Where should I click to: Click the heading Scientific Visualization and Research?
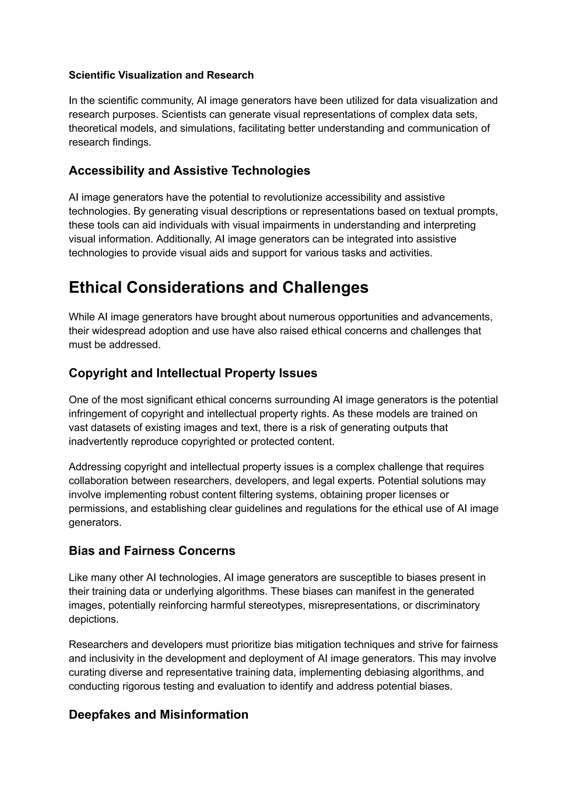pos(161,75)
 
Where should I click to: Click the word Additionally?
pos(184,239)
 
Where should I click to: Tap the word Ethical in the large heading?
pos(95,287)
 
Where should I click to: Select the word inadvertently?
pos(98,442)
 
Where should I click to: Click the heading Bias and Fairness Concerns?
pos(152,551)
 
